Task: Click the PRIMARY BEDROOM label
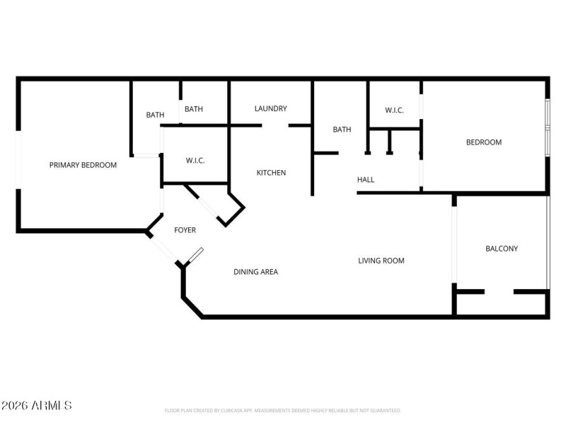click(x=83, y=165)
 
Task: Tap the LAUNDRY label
click(x=270, y=108)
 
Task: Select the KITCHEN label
click(x=271, y=173)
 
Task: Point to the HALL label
click(x=366, y=180)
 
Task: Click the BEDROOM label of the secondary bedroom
click(x=483, y=142)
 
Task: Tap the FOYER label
click(x=185, y=230)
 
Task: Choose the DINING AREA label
click(x=255, y=272)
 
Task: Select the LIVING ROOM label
click(x=381, y=261)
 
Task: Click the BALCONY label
click(x=501, y=249)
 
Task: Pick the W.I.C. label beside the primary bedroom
click(x=195, y=161)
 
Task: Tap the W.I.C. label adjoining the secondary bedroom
click(x=394, y=110)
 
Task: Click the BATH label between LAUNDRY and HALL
click(x=342, y=130)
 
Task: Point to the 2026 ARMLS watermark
click(x=36, y=406)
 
